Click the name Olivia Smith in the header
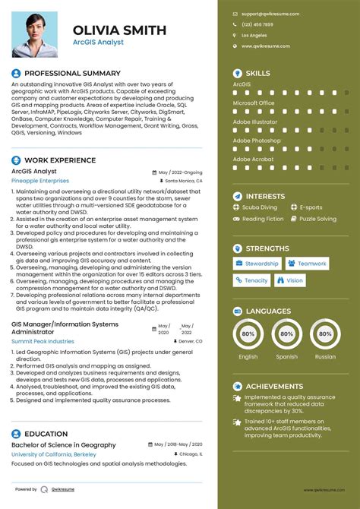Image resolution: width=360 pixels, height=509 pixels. pyautogui.click(x=120, y=30)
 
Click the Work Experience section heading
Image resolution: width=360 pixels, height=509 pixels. pyautogui.click(x=60, y=160)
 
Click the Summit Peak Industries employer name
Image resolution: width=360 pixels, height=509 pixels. pyautogui.click(x=43, y=342)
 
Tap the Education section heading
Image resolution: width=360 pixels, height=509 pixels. pyautogui.click(x=46, y=434)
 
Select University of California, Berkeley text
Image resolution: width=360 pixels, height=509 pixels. pyautogui.click(x=54, y=454)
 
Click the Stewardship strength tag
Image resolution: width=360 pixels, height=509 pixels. pyautogui.click(x=257, y=264)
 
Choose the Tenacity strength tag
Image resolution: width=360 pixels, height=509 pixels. pyautogui.click(x=251, y=280)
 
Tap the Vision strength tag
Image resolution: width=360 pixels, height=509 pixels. pyautogui.click(x=291, y=280)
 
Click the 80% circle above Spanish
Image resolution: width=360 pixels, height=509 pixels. pyautogui.click(x=286, y=334)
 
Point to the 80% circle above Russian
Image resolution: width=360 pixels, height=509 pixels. pyautogui.click(x=325, y=334)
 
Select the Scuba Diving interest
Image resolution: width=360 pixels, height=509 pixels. pyautogui.click(x=259, y=207)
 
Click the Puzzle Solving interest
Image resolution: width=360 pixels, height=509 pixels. pyautogui.click(x=317, y=219)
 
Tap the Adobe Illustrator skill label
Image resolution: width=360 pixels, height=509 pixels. pyautogui.click(x=254, y=121)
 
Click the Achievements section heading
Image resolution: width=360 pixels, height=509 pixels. pyautogui.click(x=273, y=386)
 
